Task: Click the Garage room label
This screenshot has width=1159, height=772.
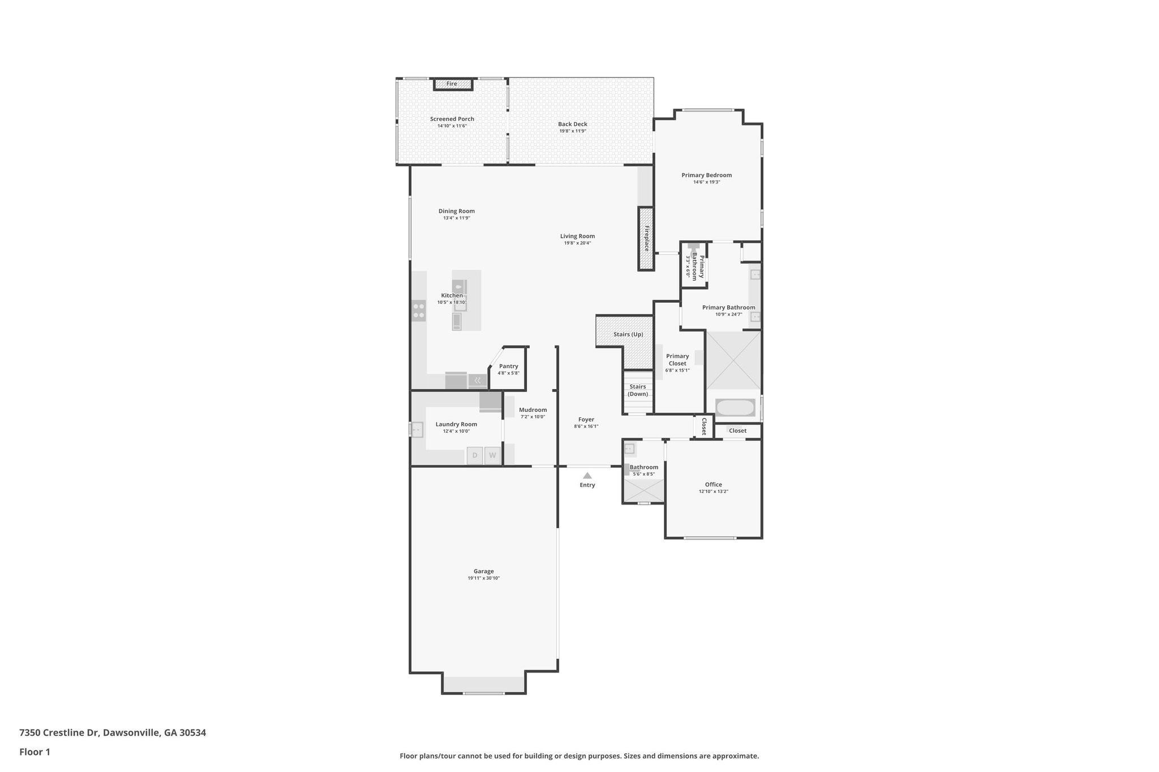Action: (x=483, y=571)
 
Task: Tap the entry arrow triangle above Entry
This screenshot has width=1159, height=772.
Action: (x=587, y=476)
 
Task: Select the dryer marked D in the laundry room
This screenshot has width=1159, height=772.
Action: (x=475, y=455)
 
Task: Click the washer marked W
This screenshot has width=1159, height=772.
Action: (x=492, y=455)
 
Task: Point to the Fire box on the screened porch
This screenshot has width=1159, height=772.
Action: (x=452, y=84)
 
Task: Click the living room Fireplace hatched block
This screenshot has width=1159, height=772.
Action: (x=646, y=239)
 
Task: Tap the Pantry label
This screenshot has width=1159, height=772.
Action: (x=508, y=366)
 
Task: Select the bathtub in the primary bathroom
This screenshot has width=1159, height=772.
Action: (x=735, y=407)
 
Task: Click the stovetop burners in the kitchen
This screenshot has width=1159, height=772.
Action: (x=419, y=310)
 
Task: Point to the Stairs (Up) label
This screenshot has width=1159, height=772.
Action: (x=628, y=334)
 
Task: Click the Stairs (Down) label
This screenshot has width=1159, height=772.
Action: (x=638, y=390)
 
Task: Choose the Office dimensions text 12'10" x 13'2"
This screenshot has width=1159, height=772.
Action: (x=713, y=491)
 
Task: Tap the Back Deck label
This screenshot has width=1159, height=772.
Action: (x=572, y=124)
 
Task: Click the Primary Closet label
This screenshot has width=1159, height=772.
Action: (x=677, y=360)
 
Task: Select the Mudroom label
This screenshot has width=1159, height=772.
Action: (x=533, y=410)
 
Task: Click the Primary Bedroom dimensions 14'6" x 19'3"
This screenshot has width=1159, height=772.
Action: (x=706, y=182)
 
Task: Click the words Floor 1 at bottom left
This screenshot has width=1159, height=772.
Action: (x=35, y=752)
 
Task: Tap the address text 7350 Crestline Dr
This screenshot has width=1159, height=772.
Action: (x=59, y=733)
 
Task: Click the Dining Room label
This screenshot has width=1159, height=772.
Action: (x=456, y=211)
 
